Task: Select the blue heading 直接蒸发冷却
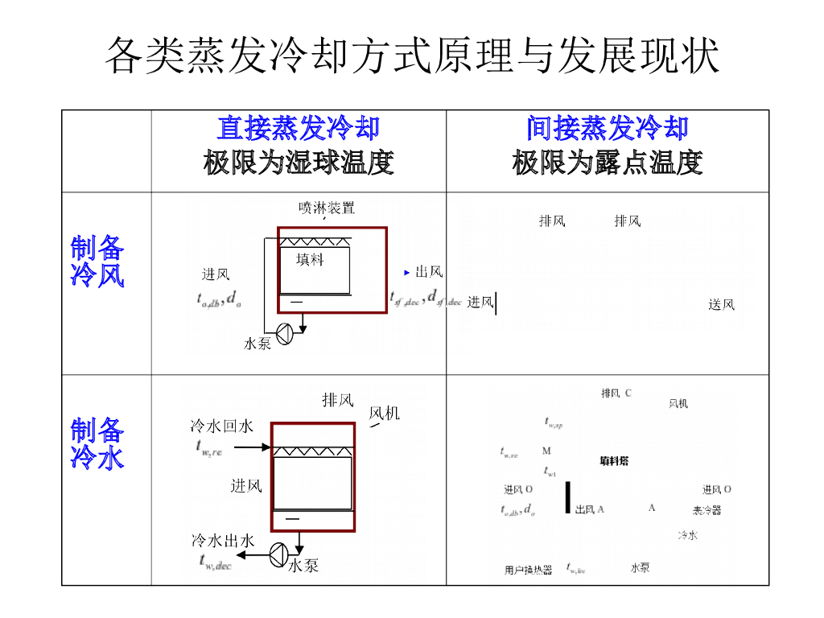pyautogui.click(x=298, y=128)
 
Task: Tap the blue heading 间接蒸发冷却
pyautogui.click(x=608, y=128)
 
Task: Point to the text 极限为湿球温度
pyautogui.click(x=298, y=163)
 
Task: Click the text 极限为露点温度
pyautogui.click(x=608, y=163)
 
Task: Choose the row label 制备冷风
pyautogui.click(x=97, y=262)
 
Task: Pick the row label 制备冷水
pyautogui.click(x=97, y=443)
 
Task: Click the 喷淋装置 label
pyautogui.click(x=327, y=208)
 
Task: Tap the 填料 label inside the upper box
pyautogui.click(x=311, y=259)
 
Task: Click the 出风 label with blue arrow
pyautogui.click(x=428, y=272)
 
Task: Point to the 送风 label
pyautogui.click(x=721, y=304)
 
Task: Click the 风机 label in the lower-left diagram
pyautogui.click(x=384, y=414)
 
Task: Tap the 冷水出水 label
pyautogui.click(x=223, y=541)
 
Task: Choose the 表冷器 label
pyautogui.click(x=707, y=510)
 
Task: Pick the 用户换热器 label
pyautogui.click(x=529, y=570)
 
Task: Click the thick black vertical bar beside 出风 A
pyautogui.click(x=568, y=497)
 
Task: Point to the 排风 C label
pyautogui.click(x=616, y=393)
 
